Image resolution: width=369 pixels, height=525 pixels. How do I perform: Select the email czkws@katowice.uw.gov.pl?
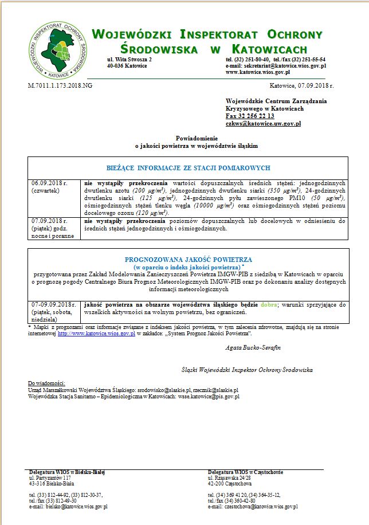(263, 123)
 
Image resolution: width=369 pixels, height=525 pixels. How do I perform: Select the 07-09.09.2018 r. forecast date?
(54, 304)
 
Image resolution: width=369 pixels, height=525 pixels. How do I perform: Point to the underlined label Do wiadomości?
(46, 382)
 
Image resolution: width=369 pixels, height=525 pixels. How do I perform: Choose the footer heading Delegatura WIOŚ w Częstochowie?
(245, 472)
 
